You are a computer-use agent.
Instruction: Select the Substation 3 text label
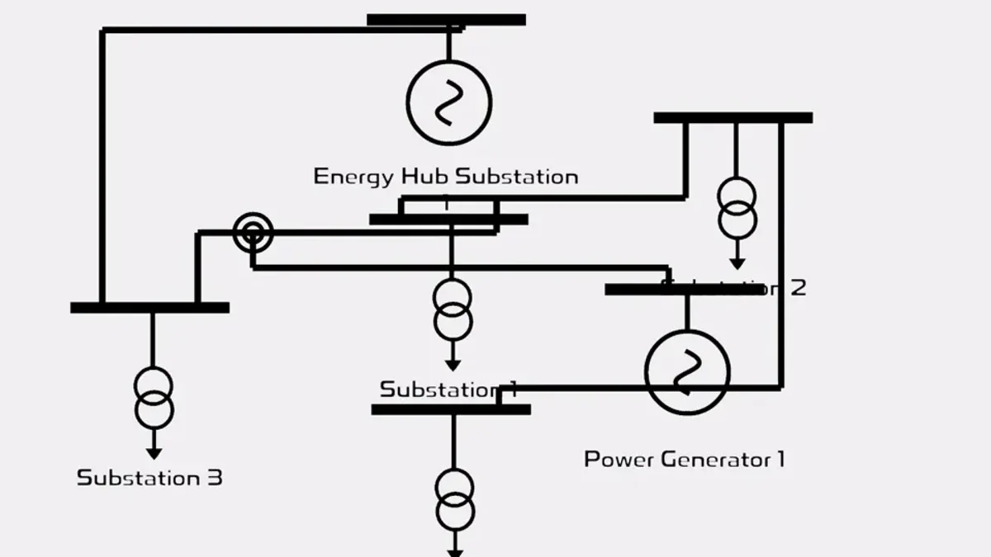149,478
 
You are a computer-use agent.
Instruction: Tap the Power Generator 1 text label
684,460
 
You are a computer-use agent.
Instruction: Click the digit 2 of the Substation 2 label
797,288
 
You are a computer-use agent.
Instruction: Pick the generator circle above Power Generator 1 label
687,373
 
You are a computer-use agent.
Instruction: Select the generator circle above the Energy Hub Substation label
449,102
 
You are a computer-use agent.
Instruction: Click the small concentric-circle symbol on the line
253,234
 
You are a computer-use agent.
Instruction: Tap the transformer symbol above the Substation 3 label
154,399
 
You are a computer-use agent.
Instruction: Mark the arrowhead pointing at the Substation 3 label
154,453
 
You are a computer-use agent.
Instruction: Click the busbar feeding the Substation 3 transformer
149,308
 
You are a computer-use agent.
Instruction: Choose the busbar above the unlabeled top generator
446,20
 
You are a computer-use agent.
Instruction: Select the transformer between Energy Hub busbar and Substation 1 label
453,310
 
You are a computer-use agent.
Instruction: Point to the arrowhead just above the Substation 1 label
453,366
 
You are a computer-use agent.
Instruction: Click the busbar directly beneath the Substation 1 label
450,409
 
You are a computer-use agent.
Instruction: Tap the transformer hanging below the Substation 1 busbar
455,500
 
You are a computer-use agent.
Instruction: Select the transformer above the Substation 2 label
737,208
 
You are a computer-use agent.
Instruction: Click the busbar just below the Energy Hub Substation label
448,219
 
